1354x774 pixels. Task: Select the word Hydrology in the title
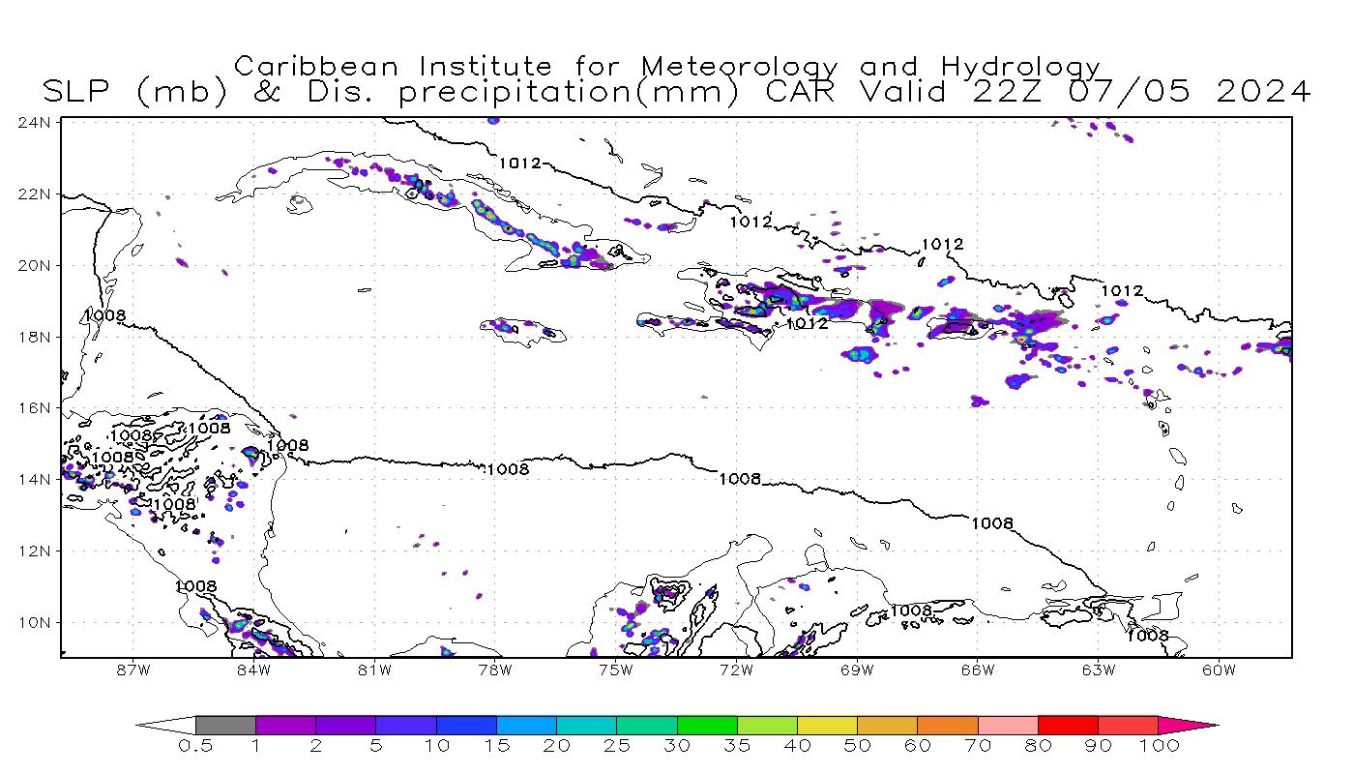[x=1021, y=68]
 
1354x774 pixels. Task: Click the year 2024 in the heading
[x=1263, y=92]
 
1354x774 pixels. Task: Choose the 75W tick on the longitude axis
[x=615, y=670]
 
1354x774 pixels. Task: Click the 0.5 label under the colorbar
[x=194, y=746]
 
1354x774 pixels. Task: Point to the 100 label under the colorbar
[x=1159, y=746]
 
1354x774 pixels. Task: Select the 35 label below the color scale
[x=737, y=746]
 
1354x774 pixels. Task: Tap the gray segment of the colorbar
[x=225, y=725]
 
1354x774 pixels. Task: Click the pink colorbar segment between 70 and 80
[x=1008, y=725]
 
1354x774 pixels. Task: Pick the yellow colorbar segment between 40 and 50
[x=827, y=725]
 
